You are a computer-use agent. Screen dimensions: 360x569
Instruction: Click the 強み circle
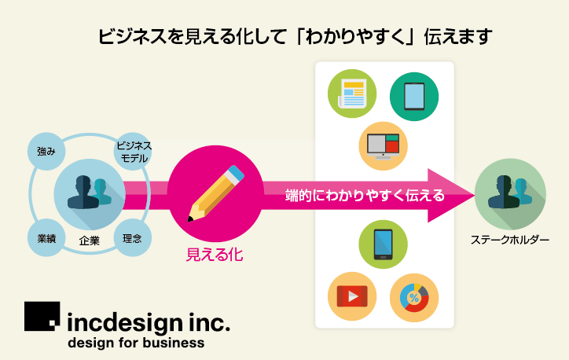point(46,151)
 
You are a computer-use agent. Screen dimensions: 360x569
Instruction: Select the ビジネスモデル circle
point(134,151)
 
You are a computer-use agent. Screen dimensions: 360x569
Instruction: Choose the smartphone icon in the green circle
point(383,244)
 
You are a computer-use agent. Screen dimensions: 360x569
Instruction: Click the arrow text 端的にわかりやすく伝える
point(365,196)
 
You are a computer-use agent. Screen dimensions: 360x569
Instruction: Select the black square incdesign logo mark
point(42,316)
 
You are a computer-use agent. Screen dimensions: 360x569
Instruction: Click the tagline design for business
point(136,343)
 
